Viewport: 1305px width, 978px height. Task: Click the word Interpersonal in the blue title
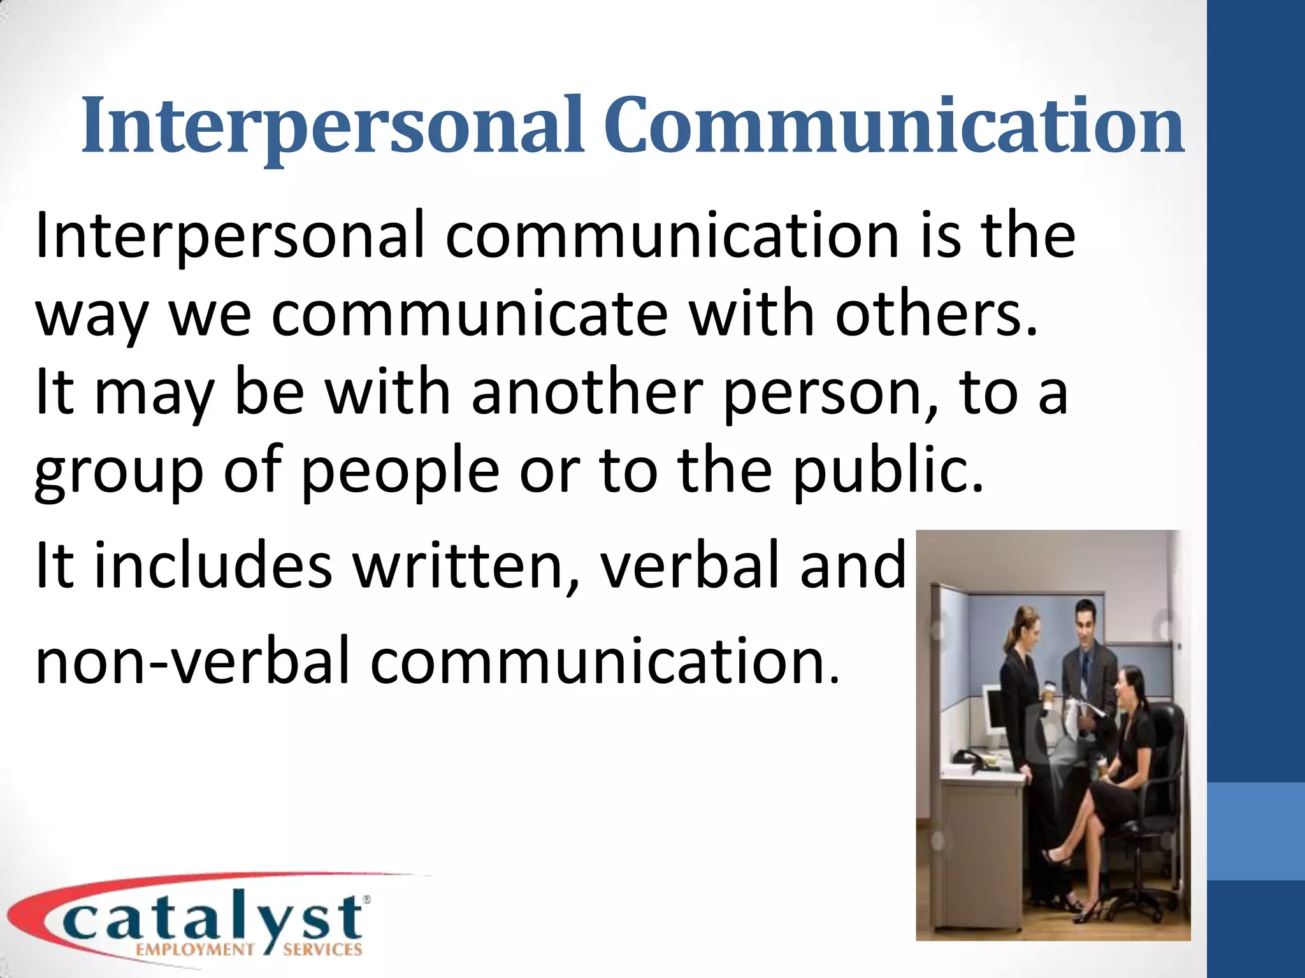[332, 127]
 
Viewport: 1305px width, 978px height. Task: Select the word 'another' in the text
[587, 392]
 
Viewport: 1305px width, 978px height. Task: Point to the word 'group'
[119, 472]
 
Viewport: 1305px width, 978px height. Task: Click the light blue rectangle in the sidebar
[1256, 832]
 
